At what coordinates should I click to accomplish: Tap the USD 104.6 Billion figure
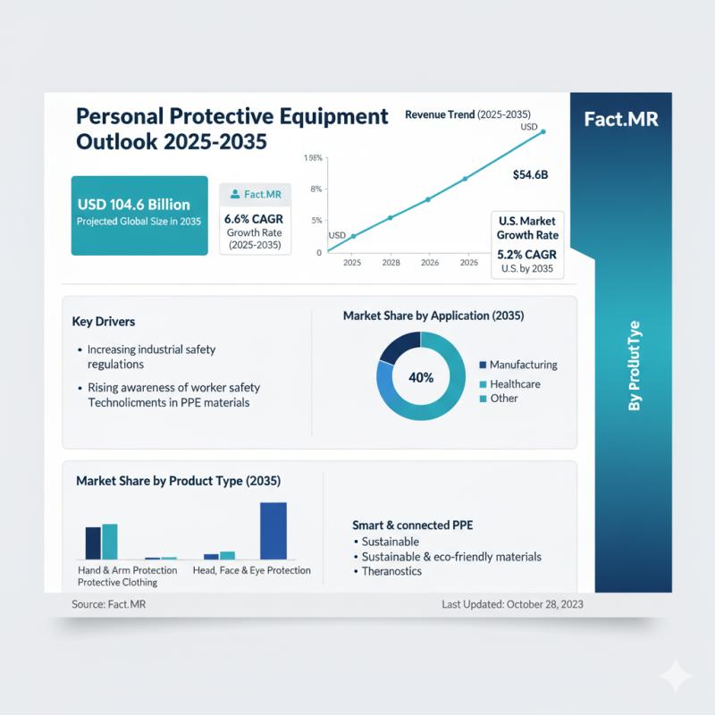point(133,205)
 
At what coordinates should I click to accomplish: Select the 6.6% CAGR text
point(255,218)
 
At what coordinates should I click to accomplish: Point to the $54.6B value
point(530,175)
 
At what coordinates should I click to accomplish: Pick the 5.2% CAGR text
point(527,254)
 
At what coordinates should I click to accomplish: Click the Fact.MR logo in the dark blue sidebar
point(620,119)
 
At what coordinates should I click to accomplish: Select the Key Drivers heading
point(104,321)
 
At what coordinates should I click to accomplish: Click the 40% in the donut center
point(420,377)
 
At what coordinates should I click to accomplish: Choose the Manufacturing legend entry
point(523,365)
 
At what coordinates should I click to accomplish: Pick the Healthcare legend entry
point(515,383)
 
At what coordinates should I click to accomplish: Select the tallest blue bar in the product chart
point(273,530)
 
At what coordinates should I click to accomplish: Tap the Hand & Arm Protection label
point(122,570)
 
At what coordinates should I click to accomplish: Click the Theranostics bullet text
point(391,571)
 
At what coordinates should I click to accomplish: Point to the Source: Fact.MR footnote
point(109,604)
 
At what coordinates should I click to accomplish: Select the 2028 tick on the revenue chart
point(391,263)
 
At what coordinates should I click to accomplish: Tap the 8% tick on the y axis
point(315,189)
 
